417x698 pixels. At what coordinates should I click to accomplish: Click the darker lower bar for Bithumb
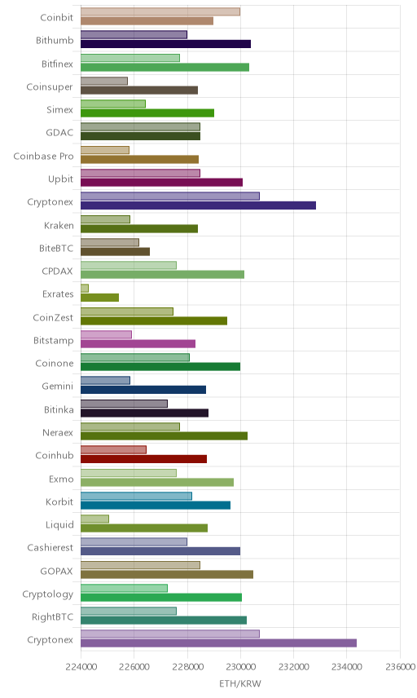tap(165, 44)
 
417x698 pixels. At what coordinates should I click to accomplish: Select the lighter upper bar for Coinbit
tap(160, 11)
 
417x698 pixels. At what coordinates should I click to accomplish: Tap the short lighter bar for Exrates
tap(85, 288)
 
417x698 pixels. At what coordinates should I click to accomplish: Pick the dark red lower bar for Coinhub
tap(143, 459)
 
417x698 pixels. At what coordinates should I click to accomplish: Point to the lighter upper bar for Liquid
tap(94, 519)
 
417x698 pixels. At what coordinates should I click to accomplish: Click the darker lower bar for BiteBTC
tap(115, 251)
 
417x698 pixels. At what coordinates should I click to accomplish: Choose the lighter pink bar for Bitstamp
tap(106, 334)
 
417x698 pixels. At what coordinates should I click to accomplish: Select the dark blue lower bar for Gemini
tap(143, 390)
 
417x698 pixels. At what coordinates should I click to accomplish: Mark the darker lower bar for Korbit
tap(156, 505)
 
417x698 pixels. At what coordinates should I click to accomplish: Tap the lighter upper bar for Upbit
tap(140, 173)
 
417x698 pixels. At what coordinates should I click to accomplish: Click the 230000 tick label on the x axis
tap(240, 667)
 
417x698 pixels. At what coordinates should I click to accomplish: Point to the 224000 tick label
tap(81, 667)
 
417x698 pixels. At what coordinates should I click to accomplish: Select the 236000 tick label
tap(400, 667)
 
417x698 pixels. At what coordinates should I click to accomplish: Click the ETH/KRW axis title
tap(240, 684)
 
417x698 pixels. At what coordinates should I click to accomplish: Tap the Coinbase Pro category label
tap(43, 157)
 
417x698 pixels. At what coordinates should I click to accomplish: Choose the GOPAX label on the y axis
tap(56, 571)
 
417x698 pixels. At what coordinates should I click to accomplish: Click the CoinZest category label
tap(53, 317)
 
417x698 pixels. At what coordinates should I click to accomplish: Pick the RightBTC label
tap(52, 617)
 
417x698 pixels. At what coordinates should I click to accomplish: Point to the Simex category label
tap(60, 110)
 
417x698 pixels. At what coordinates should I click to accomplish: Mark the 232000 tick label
tap(293, 667)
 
